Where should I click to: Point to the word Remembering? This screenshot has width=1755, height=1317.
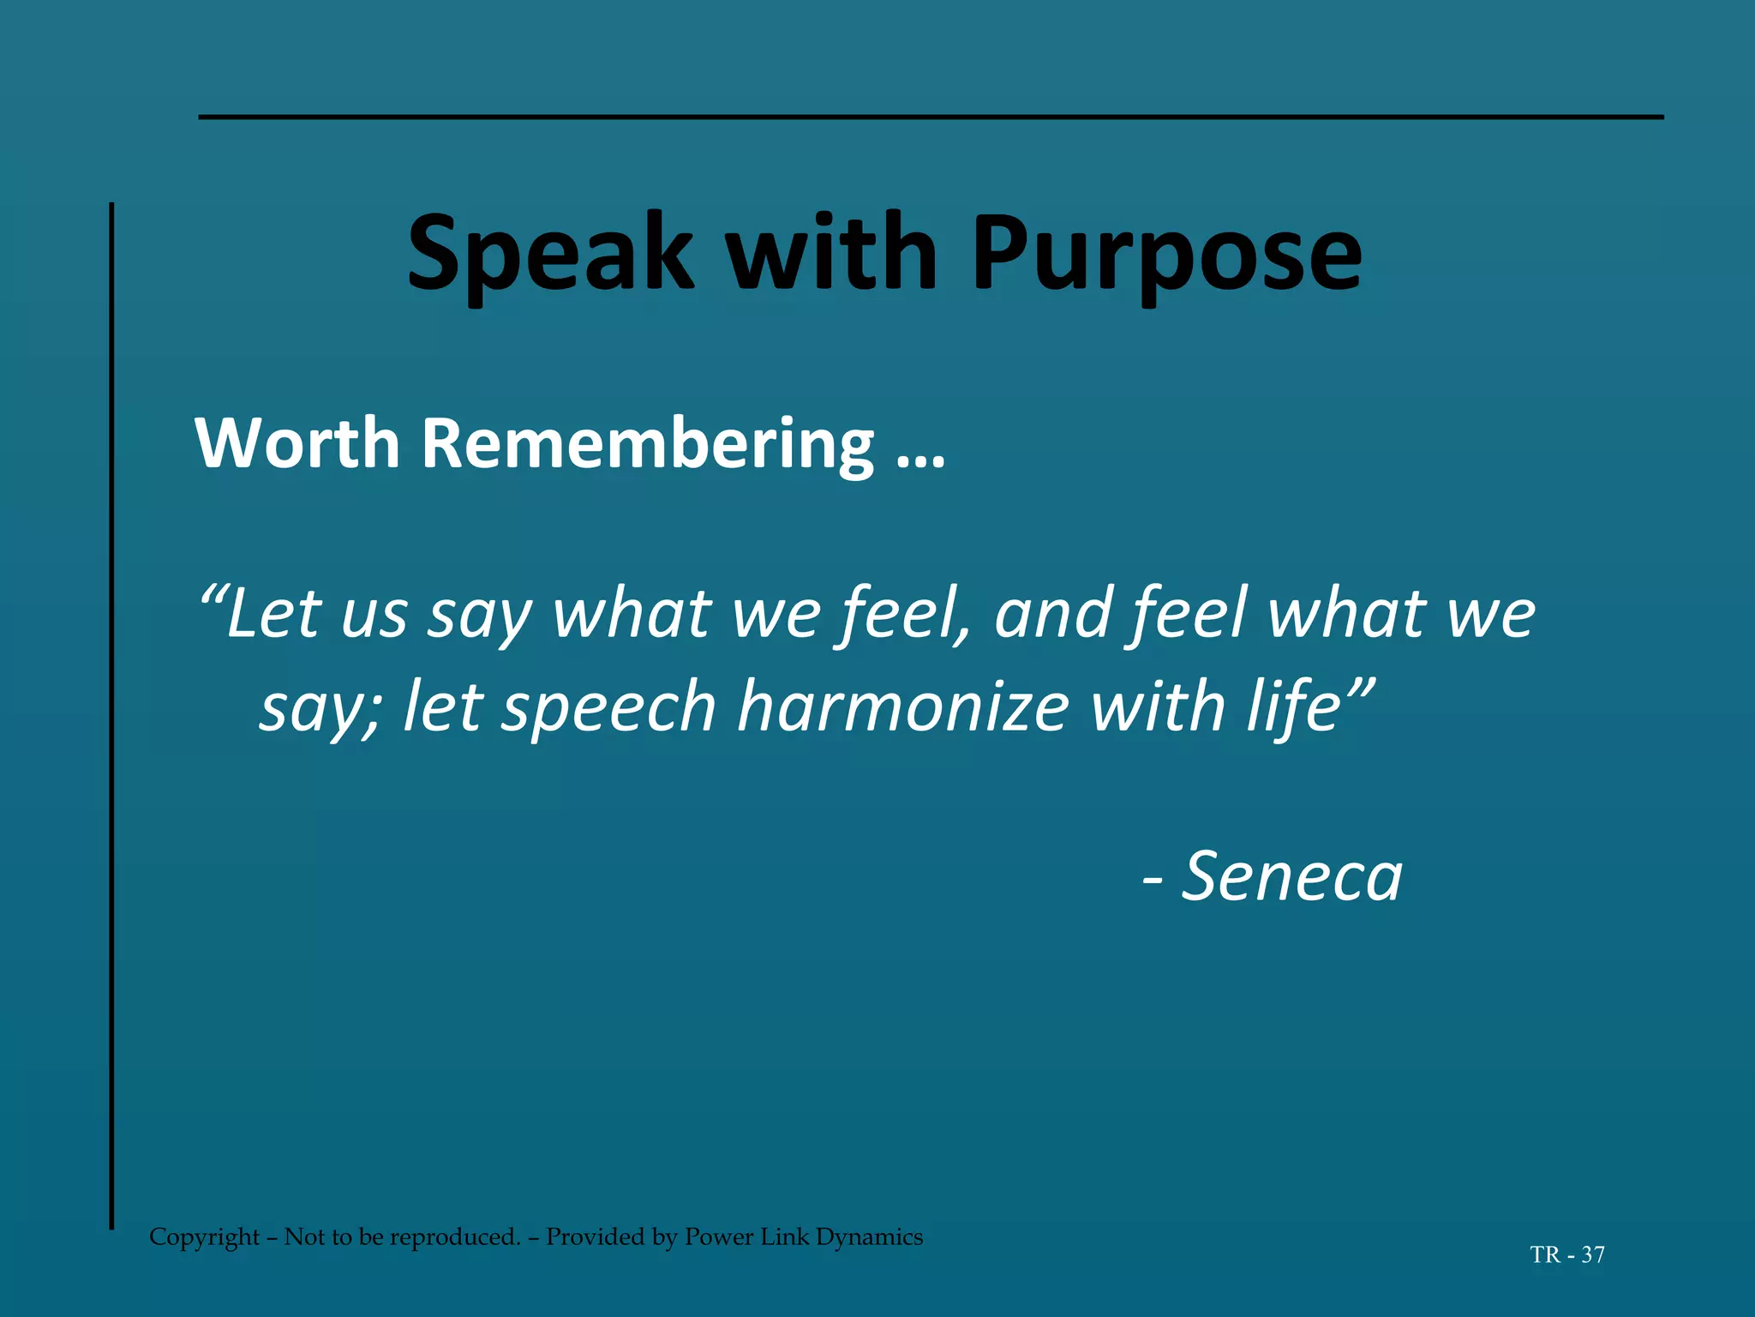coord(648,443)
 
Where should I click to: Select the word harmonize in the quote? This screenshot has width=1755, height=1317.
coord(903,707)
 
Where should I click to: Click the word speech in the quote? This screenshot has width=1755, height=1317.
coord(608,707)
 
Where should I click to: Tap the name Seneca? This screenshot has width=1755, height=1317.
coord(1291,876)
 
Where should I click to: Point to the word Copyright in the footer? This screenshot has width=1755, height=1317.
coord(204,1237)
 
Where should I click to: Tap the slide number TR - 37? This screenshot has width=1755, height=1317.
coord(1567,1255)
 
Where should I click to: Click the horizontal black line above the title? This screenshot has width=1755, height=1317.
coord(931,117)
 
